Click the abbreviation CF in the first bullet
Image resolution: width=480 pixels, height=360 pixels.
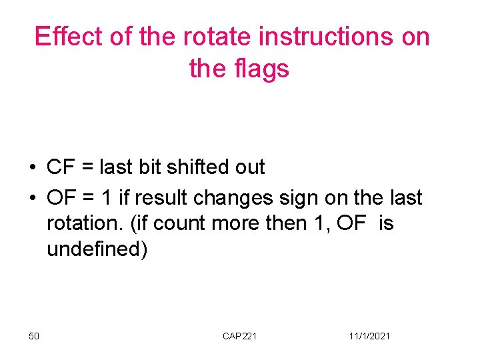click(60, 167)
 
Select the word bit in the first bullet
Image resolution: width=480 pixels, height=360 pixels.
click(151, 167)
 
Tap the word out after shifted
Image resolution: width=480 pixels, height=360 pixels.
click(249, 167)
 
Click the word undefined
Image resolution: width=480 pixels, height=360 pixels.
click(96, 249)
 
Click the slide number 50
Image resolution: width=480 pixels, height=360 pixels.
click(34, 336)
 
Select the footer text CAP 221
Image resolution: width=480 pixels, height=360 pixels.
click(239, 336)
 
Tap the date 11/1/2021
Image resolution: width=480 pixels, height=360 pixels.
click(369, 336)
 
